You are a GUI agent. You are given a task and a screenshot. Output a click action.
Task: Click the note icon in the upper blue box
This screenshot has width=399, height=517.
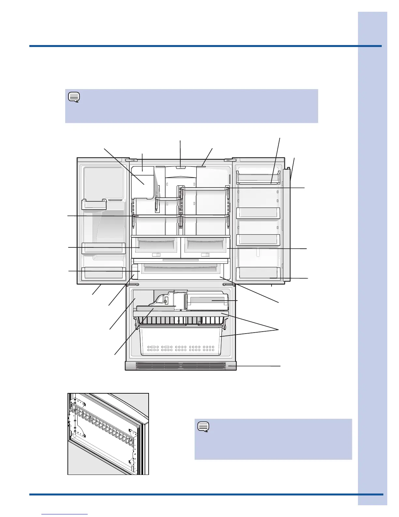coord(74,97)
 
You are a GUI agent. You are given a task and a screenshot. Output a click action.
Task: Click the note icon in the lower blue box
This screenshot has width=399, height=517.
coord(203,427)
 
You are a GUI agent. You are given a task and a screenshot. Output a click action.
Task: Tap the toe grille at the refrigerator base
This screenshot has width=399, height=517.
coord(181,366)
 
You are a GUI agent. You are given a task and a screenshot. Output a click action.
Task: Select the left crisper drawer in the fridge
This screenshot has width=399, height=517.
coord(156,245)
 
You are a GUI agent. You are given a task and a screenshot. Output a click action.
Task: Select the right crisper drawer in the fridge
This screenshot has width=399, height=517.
coord(205,245)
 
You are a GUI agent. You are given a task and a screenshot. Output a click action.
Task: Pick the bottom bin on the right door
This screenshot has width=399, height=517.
coord(258,273)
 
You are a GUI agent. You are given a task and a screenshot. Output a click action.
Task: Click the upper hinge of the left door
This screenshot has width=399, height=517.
coord(133,160)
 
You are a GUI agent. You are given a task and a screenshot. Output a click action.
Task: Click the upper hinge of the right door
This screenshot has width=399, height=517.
coord(228,160)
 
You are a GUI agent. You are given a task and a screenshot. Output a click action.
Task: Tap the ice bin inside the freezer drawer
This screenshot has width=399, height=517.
coord(207,301)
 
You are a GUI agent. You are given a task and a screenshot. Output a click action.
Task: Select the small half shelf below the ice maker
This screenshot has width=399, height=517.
coord(168,198)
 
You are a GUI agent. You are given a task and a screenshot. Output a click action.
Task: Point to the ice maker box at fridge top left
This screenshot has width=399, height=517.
coord(142,181)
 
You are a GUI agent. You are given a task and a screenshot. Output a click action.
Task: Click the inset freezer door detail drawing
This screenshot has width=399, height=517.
coord(108,434)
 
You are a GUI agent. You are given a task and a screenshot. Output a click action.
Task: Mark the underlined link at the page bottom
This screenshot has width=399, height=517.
coord(65,514)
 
